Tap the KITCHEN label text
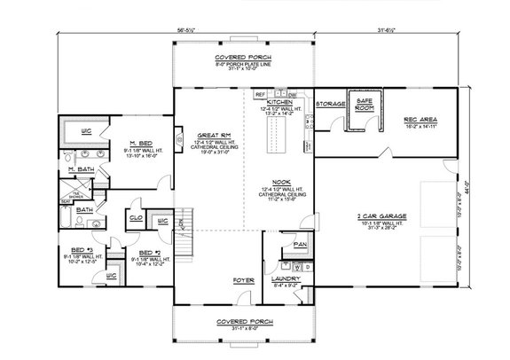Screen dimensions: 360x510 [280, 103]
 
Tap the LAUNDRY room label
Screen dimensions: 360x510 [286, 279]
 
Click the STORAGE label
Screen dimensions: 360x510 [330, 103]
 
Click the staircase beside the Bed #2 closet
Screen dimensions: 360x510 [185, 222]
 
